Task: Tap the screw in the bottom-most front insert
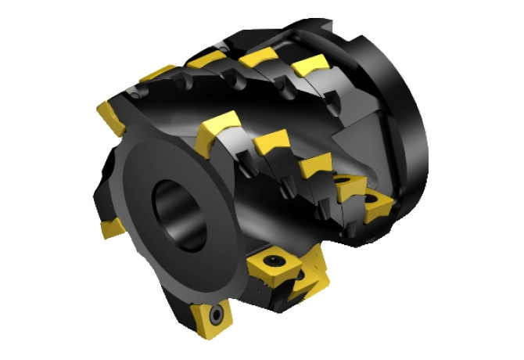tap(214, 315)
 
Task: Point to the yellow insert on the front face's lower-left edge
tap(111, 228)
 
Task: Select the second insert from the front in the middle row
tap(271, 143)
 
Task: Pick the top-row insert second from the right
tap(259, 56)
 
